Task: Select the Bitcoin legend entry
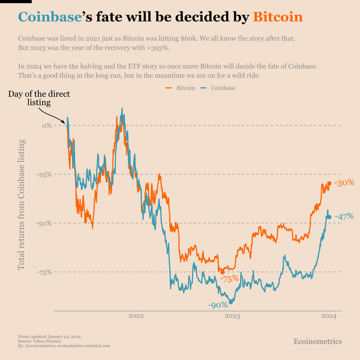click(182, 88)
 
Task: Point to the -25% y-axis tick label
click(44, 175)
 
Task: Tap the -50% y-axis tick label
click(44, 223)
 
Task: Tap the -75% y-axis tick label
click(44, 272)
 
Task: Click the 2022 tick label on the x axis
click(136, 316)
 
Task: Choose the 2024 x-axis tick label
click(328, 316)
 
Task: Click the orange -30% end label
click(344, 183)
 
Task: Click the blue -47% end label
click(344, 217)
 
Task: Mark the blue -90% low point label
click(218, 306)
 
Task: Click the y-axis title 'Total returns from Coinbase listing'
click(22, 204)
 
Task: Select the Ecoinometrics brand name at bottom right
click(317, 341)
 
